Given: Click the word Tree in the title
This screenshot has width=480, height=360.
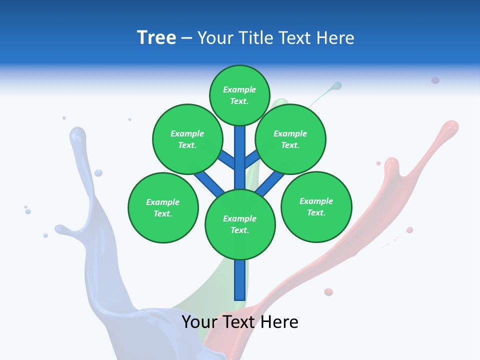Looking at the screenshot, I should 156,37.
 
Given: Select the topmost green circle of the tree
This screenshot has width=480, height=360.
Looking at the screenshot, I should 239,95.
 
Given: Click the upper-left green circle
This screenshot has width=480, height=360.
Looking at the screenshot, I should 187,139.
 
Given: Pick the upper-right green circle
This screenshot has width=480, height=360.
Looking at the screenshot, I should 290,139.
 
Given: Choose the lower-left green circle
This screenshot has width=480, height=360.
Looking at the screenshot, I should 163,207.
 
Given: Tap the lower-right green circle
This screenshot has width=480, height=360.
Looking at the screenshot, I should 316,206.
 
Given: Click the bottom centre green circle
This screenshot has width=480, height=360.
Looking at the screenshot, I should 240,224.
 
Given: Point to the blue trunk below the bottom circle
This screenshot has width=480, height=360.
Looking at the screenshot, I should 240,280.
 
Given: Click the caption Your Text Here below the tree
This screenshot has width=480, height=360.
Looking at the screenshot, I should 240,322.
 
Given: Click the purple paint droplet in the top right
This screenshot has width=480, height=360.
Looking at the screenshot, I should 435,80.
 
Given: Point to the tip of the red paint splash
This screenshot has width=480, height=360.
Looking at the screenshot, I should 451,125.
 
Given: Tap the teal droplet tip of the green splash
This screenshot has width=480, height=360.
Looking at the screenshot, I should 337,85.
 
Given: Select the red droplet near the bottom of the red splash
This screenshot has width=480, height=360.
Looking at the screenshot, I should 328,292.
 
